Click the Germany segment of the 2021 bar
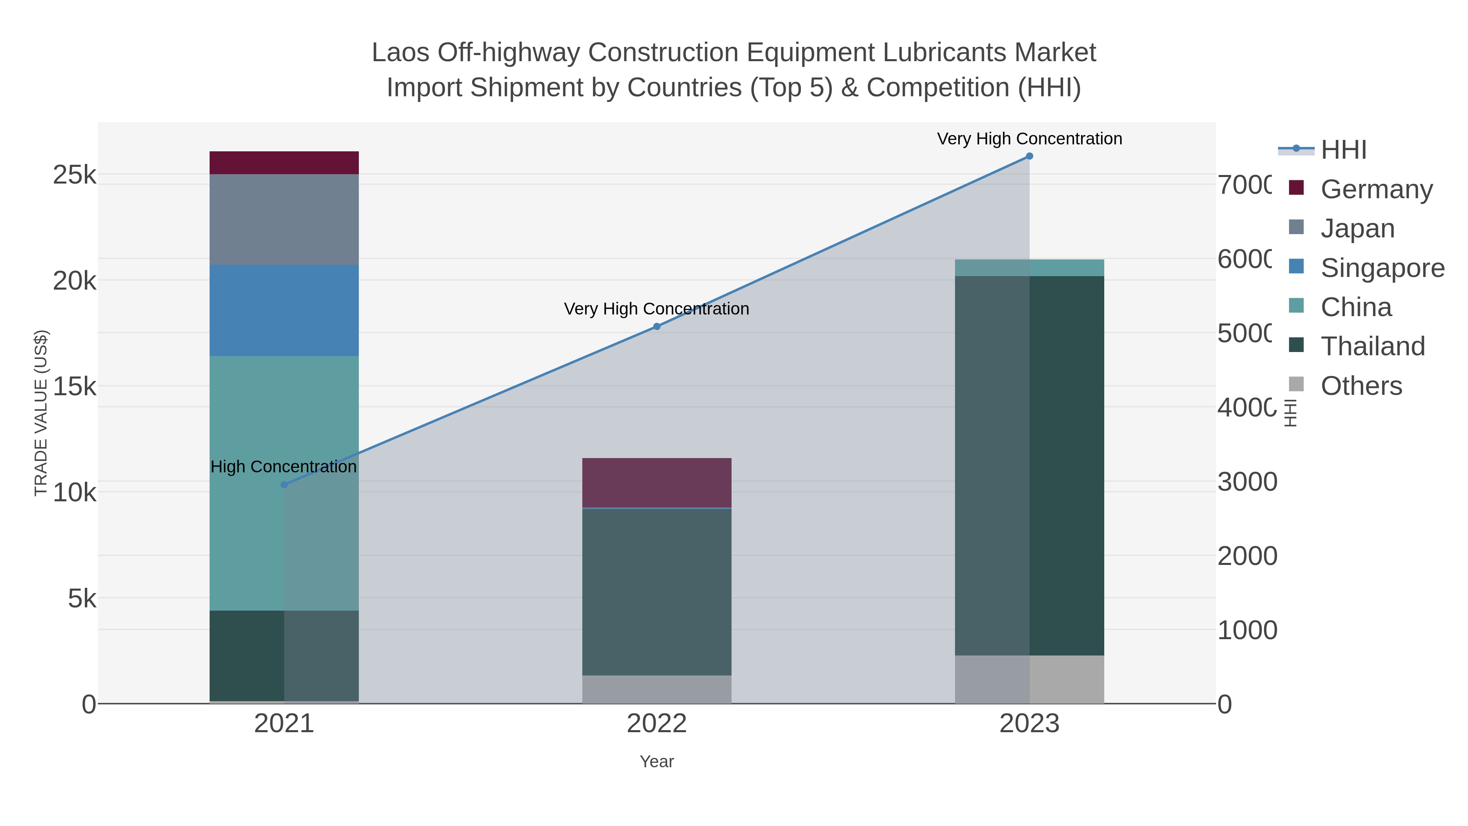[x=284, y=162]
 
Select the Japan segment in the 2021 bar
[x=284, y=219]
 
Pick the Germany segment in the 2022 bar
[x=657, y=482]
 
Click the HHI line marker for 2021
[x=284, y=485]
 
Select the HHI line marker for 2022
[x=657, y=327]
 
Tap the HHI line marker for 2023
[x=1029, y=156]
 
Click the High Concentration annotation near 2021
[x=283, y=466]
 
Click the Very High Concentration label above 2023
[x=1029, y=139]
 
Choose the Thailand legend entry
[x=1372, y=346]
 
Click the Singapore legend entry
[x=1382, y=267]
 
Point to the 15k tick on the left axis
[x=74, y=387]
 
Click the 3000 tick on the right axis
[x=1247, y=482]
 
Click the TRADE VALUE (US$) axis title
[x=41, y=413]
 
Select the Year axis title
[x=657, y=762]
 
